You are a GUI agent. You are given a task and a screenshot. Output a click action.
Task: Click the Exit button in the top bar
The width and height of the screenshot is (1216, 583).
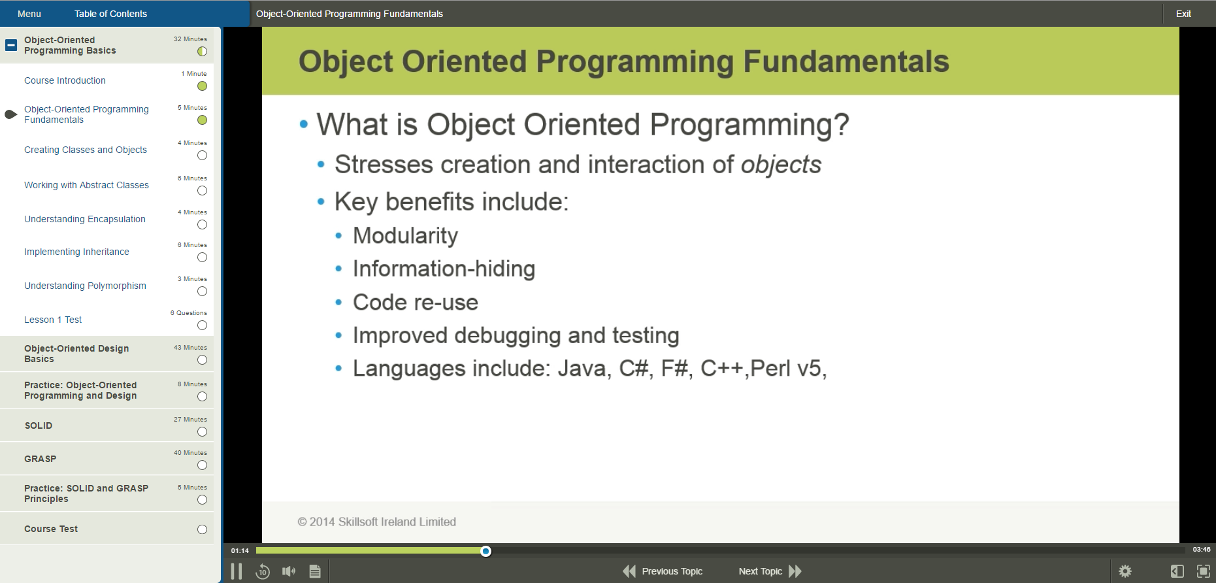1183,14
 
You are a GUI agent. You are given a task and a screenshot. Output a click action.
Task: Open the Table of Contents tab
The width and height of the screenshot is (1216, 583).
110,14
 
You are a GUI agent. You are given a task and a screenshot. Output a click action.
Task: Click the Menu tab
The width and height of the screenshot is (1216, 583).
29,14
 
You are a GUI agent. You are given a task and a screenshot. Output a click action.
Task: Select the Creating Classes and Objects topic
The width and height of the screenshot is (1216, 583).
86,150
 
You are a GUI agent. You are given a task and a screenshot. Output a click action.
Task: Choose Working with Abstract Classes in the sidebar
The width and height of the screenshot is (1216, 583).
86,185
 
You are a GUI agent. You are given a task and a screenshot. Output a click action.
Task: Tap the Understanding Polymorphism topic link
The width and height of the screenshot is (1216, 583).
85,286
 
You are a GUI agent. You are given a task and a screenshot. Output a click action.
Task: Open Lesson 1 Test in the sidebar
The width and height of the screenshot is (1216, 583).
53,320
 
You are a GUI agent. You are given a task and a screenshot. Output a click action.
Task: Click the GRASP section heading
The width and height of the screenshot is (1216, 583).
41,459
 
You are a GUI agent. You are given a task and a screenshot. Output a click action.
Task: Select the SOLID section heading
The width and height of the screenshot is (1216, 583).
39,425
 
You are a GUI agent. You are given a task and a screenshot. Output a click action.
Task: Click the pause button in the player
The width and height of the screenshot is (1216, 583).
237,571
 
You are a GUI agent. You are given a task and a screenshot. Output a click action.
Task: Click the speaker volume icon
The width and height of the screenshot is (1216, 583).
288,571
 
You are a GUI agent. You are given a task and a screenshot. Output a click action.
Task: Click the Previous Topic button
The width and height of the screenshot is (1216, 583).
663,571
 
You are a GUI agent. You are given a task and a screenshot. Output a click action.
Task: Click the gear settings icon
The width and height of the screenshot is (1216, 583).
1125,571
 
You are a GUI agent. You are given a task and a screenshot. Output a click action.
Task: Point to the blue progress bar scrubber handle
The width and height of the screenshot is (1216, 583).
485,551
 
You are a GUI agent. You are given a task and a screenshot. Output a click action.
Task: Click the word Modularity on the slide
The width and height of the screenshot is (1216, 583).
405,236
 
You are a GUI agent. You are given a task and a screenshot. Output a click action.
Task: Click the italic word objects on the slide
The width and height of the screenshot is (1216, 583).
781,165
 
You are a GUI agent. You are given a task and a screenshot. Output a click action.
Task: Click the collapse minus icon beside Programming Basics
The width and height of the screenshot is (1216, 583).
11,45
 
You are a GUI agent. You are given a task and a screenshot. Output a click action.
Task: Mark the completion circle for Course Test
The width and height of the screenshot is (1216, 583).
202,529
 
